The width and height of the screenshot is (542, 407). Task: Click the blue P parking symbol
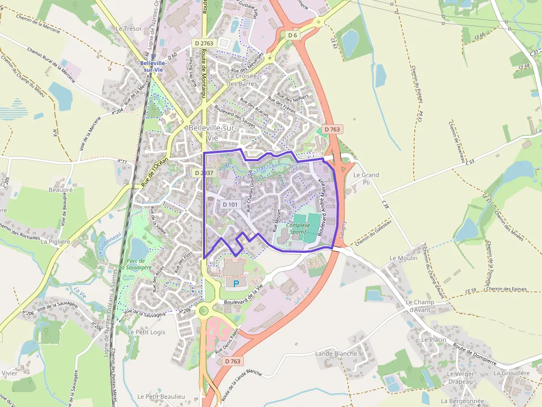pyautogui.click(x=236, y=284)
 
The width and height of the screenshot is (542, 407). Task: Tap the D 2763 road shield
pyautogui.click(x=204, y=43)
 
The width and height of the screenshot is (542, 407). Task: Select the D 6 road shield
pyautogui.click(x=293, y=35)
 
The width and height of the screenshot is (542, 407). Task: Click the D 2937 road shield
pyautogui.click(x=204, y=173)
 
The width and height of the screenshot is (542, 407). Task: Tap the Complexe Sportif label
pyautogui.click(x=300, y=229)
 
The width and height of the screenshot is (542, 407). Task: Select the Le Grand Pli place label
pyautogui.click(x=366, y=178)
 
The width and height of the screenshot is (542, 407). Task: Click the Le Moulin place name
pyautogui.click(x=404, y=258)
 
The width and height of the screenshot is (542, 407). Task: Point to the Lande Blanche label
pyautogui.click(x=336, y=353)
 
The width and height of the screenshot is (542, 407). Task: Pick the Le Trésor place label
pyautogui.click(x=129, y=28)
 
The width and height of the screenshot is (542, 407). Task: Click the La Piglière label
pyautogui.click(x=56, y=241)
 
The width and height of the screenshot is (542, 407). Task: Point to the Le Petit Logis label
pyautogui.click(x=147, y=332)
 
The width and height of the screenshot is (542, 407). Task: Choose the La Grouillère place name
pyautogui.click(x=512, y=373)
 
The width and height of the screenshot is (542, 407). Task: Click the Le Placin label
pyautogui.click(x=434, y=339)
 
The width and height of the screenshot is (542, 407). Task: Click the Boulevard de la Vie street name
pyautogui.click(x=243, y=297)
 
